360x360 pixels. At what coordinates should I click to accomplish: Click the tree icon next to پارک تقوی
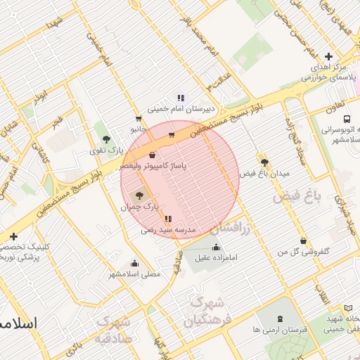point(106,139)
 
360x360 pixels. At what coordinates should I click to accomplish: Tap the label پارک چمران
point(136,207)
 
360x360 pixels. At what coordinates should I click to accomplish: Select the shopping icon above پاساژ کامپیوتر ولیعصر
point(153,155)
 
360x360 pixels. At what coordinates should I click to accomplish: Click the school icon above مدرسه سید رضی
point(167,219)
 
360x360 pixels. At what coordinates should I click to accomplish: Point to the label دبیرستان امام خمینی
point(180,110)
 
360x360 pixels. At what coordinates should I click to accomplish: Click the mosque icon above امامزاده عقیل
point(216,247)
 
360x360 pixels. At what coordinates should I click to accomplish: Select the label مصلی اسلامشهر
point(134,273)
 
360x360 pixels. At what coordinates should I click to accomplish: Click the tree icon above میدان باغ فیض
point(264,162)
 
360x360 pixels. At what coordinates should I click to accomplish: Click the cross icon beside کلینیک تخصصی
point(14,236)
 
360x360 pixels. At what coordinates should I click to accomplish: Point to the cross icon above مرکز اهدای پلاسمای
point(328,56)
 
